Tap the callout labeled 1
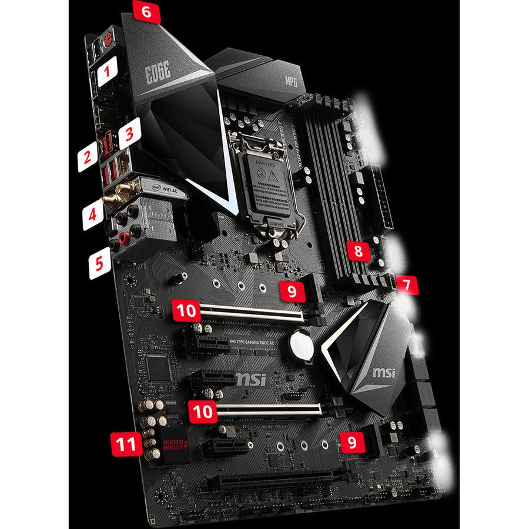pyautogui.click(x=106, y=73)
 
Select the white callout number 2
pyautogui.click(x=86, y=156)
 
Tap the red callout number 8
pyautogui.click(x=357, y=251)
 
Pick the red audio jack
pyautogui.click(x=124, y=237)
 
